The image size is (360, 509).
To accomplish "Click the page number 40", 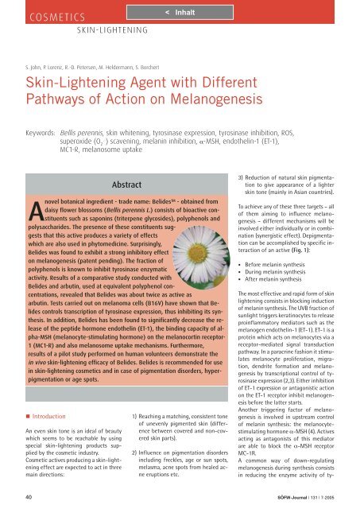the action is coord(28,499).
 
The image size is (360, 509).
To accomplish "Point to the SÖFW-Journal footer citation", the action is coord(307,499).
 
